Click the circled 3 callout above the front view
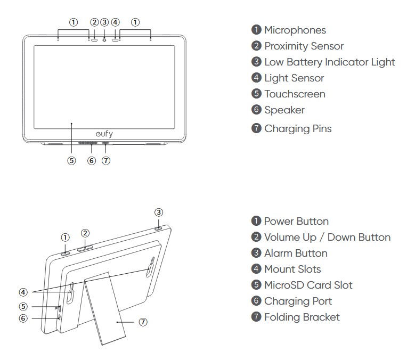click(x=104, y=22)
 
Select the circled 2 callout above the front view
click(x=94, y=22)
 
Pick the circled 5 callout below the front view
click(x=71, y=160)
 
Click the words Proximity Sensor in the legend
click(x=304, y=46)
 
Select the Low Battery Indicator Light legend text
click(x=329, y=62)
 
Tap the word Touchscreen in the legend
click(x=295, y=94)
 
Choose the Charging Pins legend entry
click(x=298, y=128)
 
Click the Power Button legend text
click(x=296, y=222)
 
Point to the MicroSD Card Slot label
click(x=308, y=285)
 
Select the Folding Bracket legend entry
click(x=302, y=317)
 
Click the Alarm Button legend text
click(x=296, y=253)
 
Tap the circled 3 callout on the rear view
click(x=159, y=211)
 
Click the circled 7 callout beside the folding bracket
click(x=143, y=322)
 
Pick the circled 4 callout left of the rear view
click(x=23, y=292)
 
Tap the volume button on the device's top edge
click(x=85, y=247)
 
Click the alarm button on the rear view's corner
click(x=159, y=228)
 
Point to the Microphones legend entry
click(x=295, y=30)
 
